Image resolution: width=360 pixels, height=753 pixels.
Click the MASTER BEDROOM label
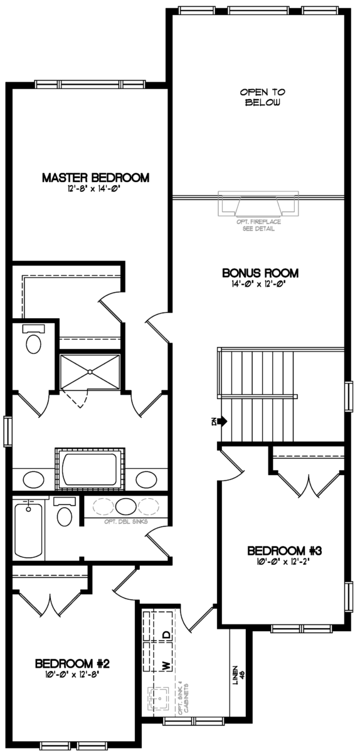pyautogui.click(x=95, y=178)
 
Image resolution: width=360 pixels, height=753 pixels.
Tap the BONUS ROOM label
pyautogui.click(x=260, y=274)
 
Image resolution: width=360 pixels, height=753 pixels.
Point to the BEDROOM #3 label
pyautogui.click(x=284, y=550)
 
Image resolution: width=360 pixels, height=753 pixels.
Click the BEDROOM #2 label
pyautogui.click(x=73, y=663)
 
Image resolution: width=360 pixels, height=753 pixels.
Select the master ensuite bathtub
pyautogui.click(x=90, y=467)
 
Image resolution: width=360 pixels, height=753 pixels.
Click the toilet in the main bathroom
pyautogui.click(x=64, y=515)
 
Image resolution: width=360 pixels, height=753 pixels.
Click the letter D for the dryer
pyautogui.click(x=166, y=634)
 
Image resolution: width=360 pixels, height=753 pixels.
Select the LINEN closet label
pyautogui.click(x=237, y=675)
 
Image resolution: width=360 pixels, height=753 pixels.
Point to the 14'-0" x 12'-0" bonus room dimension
pyautogui.click(x=260, y=284)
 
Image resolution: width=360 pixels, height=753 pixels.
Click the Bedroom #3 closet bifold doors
pyautogui.click(x=307, y=484)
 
